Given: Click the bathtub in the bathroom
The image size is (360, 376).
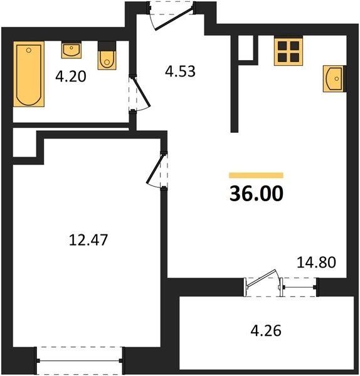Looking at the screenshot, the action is [x=29, y=74].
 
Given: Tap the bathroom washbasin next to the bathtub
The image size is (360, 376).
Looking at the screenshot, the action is [x=71, y=51].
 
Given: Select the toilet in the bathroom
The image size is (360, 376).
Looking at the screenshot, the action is [x=107, y=56].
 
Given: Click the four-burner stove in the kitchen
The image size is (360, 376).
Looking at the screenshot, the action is [x=289, y=51].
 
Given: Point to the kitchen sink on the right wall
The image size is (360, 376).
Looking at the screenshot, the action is [x=335, y=78].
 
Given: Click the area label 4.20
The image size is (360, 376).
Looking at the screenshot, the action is [x=71, y=77].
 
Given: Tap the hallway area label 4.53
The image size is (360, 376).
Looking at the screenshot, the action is [x=180, y=71].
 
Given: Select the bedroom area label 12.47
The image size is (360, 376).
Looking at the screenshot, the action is [x=88, y=240].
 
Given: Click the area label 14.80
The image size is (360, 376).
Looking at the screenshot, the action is [x=316, y=262].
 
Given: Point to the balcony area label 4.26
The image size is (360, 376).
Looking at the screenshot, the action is [x=266, y=331].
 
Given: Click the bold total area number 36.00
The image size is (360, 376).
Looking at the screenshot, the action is [x=257, y=194].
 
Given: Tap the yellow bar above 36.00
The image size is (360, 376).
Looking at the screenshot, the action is [x=256, y=175].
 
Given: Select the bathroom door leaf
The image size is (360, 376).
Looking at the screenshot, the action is [x=141, y=91].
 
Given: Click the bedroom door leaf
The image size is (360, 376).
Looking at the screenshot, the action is [x=156, y=169].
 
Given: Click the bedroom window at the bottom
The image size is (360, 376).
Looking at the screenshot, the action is [x=80, y=360].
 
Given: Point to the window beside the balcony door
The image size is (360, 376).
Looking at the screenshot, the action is [x=299, y=287].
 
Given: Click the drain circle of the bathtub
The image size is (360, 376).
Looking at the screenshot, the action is [x=29, y=50].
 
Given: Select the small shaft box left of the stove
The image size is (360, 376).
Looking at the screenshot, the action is [x=246, y=48].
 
